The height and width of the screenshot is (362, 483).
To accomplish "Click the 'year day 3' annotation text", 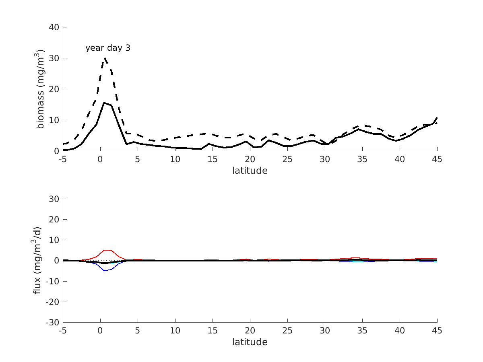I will point(107,48).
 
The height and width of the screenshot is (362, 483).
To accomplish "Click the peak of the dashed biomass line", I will point(104,58).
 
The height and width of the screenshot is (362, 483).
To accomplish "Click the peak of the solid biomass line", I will point(104,103).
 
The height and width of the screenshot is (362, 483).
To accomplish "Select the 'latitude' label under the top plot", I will point(250,171).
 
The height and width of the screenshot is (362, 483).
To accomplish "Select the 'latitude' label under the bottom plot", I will point(250,342).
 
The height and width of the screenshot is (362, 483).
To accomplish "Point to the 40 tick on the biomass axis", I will point(54,27).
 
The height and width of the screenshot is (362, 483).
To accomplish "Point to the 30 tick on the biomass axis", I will point(54,58).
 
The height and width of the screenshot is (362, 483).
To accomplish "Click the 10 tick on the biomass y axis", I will point(54,120).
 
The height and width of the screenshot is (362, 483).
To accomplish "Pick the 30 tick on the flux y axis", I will point(54,199).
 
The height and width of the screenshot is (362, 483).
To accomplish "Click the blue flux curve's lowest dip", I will point(105,271).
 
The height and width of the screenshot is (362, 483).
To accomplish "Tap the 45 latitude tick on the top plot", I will point(437,159).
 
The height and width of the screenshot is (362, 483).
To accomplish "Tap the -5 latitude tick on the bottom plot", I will point(62,331).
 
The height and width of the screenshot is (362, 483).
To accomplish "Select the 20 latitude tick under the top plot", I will point(250,159).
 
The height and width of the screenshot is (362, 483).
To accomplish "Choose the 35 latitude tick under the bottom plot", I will point(362,331).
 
